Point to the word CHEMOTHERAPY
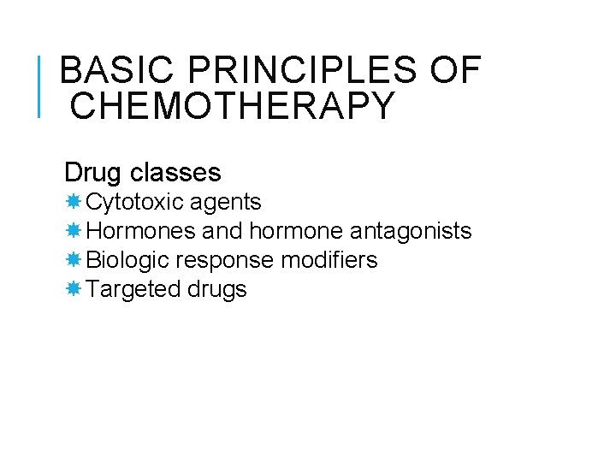(x=232, y=106)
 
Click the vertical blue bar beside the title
(x=40, y=86)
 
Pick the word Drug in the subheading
(x=93, y=173)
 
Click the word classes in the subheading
(x=175, y=173)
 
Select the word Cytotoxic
(x=135, y=203)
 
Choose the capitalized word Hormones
(x=141, y=231)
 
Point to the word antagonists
(x=411, y=231)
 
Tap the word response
(x=225, y=260)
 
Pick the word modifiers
(x=334, y=260)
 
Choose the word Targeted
(x=133, y=289)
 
